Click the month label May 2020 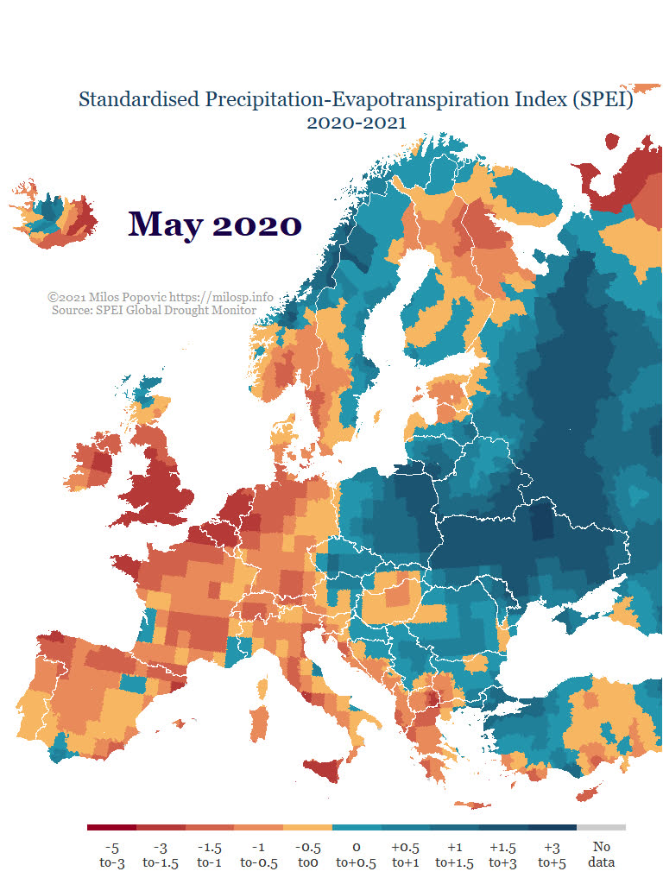(x=215, y=224)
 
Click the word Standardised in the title (x=139, y=100)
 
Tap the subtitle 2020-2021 (x=357, y=123)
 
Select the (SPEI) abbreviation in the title (x=603, y=100)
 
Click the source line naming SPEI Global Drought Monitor (x=154, y=310)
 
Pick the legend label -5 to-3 (x=111, y=856)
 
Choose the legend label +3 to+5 (x=552, y=856)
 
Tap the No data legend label (x=602, y=855)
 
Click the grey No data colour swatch (x=602, y=828)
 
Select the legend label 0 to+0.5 (x=356, y=856)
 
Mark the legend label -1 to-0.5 (x=258, y=856)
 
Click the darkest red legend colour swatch (x=111, y=828)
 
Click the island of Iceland (x=54, y=216)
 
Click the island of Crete (x=472, y=805)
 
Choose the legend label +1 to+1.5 (x=454, y=856)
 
